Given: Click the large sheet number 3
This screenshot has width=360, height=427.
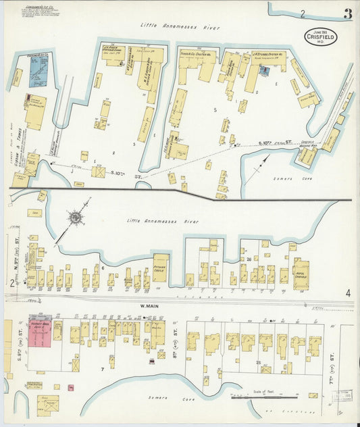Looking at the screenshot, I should [x=347, y=14].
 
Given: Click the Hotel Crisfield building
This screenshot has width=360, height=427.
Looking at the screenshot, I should [x=301, y=275].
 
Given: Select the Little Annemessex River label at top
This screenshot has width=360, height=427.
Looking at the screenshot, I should [x=180, y=26].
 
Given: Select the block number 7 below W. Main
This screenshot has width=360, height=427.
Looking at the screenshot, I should [x=103, y=370].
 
